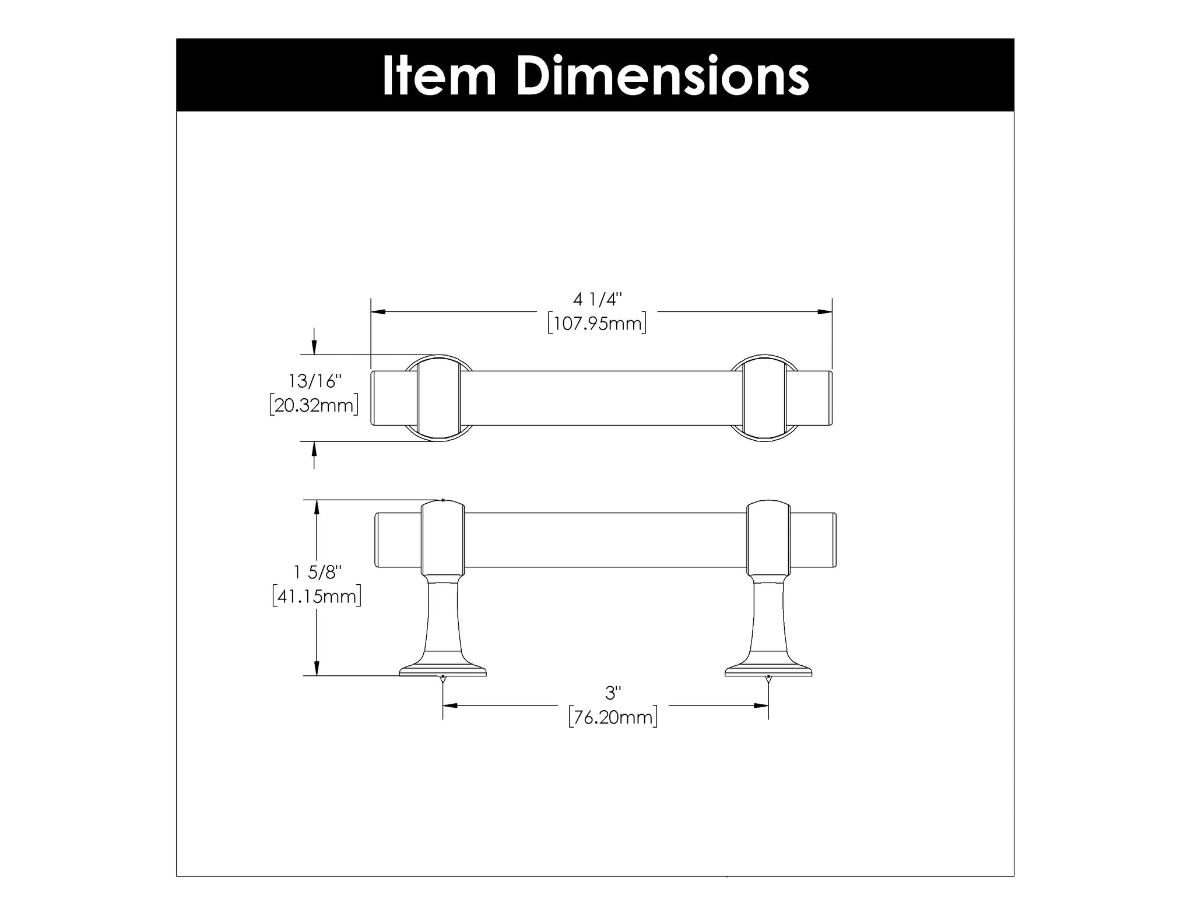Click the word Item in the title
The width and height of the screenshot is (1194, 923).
click(439, 76)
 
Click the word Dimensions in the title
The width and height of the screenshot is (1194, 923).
click(662, 76)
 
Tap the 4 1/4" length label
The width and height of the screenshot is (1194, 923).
click(598, 300)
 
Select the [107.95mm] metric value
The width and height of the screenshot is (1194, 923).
click(598, 323)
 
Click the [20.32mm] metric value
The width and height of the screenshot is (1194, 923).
click(314, 405)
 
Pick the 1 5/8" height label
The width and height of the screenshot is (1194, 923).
click(315, 573)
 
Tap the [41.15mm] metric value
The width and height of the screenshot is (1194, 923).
click(317, 596)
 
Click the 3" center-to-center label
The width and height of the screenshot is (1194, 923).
click(613, 693)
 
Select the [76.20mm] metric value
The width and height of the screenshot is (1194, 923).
click(613, 717)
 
